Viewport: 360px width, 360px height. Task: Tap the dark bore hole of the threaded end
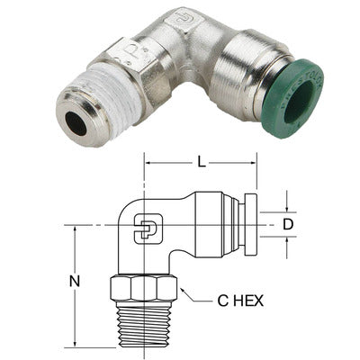click(77, 127)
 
